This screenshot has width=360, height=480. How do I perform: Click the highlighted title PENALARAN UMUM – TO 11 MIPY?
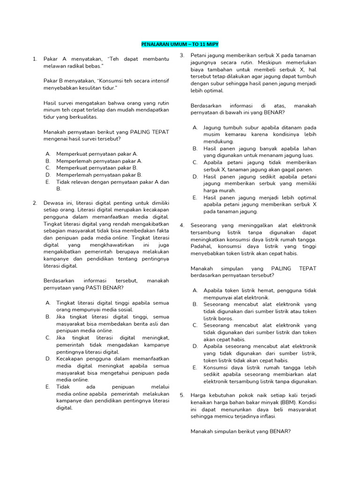(180, 44)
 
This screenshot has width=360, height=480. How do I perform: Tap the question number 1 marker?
(35, 59)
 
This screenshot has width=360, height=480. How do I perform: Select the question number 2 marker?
(35, 202)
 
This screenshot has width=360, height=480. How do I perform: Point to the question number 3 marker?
(182, 56)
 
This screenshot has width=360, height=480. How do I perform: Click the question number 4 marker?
(182, 225)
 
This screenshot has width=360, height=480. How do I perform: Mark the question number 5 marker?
(182, 395)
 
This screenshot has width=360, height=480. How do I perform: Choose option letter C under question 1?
(48, 167)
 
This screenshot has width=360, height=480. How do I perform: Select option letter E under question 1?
(48, 182)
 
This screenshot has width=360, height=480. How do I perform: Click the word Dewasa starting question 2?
(53, 202)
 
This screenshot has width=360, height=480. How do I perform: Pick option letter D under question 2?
(48, 359)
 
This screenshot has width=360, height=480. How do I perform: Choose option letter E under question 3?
(195, 197)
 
